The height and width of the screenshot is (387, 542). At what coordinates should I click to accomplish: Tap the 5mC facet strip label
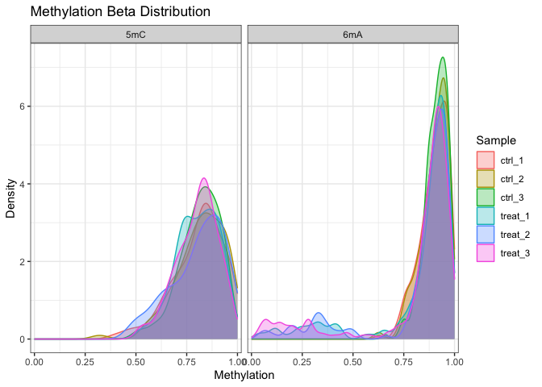tap(135, 33)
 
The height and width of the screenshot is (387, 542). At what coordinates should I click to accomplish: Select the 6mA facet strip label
tap(352, 33)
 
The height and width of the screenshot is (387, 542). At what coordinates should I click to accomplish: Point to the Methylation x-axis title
tap(244, 375)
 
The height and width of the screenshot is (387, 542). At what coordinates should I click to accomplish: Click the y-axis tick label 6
tap(23, 106)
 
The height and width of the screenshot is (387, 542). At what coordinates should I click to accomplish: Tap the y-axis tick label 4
tap(23, 184)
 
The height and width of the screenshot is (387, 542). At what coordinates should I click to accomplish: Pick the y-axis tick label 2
tap(23, 261)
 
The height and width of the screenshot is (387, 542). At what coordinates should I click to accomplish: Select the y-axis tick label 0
tap(23, 339)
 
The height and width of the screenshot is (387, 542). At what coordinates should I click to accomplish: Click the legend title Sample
tap(494, 140)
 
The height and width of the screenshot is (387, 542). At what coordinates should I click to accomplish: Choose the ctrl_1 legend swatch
tap(485, 160)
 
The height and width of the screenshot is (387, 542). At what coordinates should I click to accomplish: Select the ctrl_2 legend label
tap(514, 178)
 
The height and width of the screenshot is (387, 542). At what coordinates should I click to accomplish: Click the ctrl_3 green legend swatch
tap(485, 197)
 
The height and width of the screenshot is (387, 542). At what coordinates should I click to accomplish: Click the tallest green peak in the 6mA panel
tap(442, 58)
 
